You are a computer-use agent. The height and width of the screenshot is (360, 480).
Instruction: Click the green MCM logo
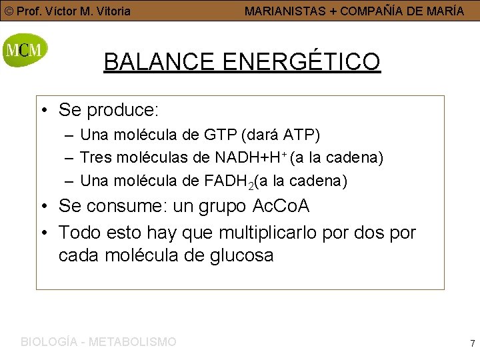(x=25, y=50)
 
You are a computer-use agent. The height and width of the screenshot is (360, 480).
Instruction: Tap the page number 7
(x=472, y=343)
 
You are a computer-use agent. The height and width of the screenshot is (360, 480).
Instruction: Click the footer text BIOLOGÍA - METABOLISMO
(x=99, y=342)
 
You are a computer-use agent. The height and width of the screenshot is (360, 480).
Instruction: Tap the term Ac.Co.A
(x=281, y=206)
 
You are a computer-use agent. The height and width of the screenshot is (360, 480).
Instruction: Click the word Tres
(x=94, y=158)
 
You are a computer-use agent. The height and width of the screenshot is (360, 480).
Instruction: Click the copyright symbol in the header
(x=9, y=11)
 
